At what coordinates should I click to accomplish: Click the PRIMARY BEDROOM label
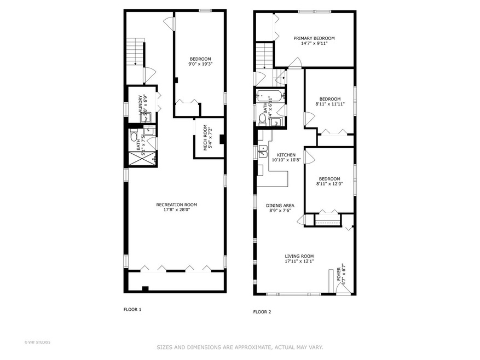[314, 38]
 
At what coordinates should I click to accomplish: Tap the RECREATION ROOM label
[176, 205]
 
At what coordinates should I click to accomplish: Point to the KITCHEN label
[286, 155]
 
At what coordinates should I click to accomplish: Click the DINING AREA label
[280, 206]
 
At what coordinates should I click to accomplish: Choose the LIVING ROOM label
[299, 256]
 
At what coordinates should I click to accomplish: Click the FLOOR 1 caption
[132, 310]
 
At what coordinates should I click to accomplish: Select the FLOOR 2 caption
[262, 312]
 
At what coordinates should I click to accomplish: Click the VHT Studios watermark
[38, 342]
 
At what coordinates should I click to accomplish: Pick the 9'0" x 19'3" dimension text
[200, 64]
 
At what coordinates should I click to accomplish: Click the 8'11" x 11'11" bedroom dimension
[330, 104]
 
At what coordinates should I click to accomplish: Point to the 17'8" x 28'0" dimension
[176, 210]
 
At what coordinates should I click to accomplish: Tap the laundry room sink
[149, 131]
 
